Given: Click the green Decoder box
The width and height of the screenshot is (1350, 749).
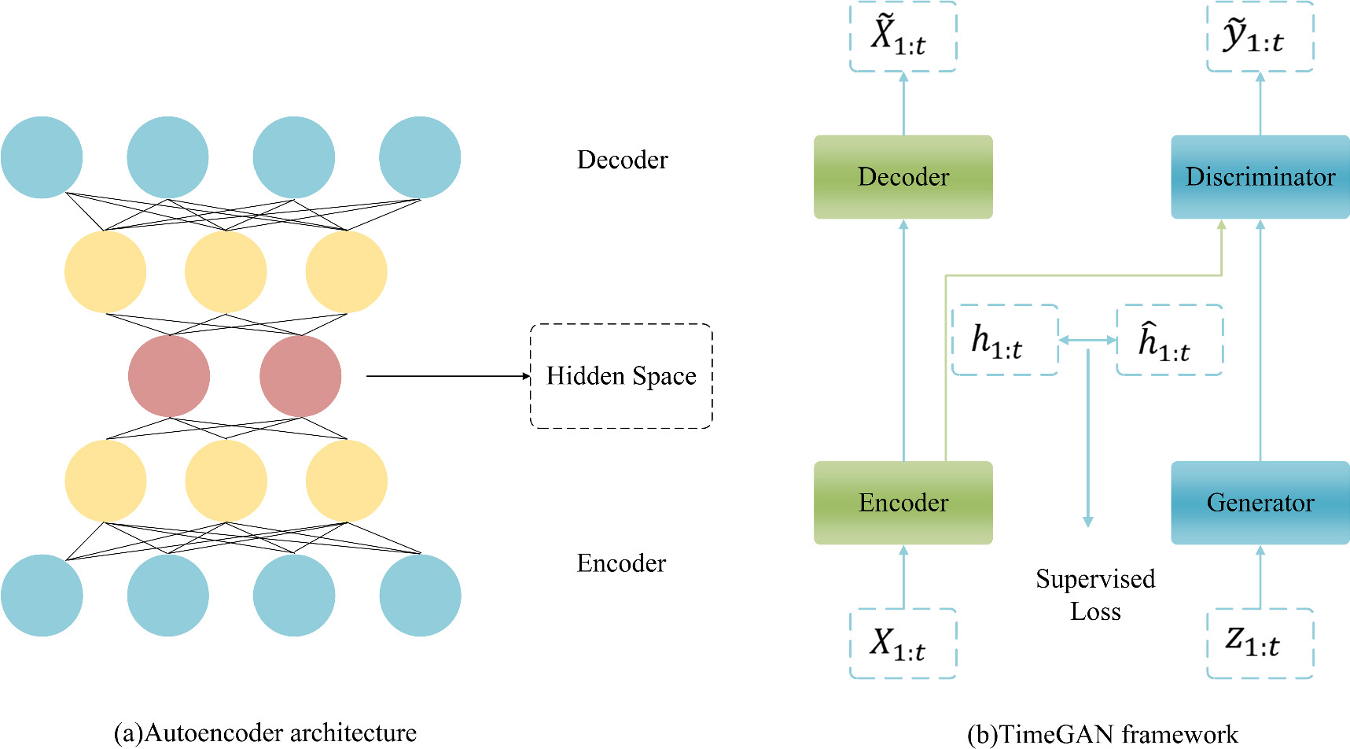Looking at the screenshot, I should [903, 177].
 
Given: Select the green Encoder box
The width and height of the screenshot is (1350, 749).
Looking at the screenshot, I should [903, 503].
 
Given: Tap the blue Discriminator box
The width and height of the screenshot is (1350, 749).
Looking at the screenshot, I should [1260, 177].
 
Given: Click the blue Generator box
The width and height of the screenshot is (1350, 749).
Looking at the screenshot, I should [1260, 503].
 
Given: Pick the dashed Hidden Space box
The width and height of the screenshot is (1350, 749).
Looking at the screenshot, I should [621, 376].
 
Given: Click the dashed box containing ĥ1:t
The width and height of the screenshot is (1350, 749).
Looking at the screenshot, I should [1169, 341].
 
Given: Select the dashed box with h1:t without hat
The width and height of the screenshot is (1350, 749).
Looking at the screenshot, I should [1004, 341].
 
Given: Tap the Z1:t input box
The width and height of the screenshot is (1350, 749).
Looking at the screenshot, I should [1260, 644].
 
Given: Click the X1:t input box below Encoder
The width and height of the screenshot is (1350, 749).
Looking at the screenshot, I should [903, 644].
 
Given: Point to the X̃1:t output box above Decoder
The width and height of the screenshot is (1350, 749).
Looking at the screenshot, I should [903, 36].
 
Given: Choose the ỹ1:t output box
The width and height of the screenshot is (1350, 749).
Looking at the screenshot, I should [1260, 36].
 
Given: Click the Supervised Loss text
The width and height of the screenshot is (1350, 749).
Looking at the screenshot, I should [1094, 595].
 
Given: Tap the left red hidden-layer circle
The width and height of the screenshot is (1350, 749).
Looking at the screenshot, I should [169, 376].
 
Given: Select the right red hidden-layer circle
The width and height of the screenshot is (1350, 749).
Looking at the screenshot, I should [300, 376].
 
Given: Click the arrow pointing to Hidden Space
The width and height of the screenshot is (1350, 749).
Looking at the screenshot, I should [448, 376].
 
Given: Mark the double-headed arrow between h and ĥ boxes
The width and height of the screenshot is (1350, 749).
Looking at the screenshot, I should [1087, 341].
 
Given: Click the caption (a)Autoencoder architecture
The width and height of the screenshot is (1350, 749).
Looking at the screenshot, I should [265, 732].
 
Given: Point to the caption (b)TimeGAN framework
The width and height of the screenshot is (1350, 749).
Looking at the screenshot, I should [1102, 734].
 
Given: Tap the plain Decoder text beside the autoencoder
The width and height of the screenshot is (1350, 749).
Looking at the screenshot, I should [622, 160].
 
